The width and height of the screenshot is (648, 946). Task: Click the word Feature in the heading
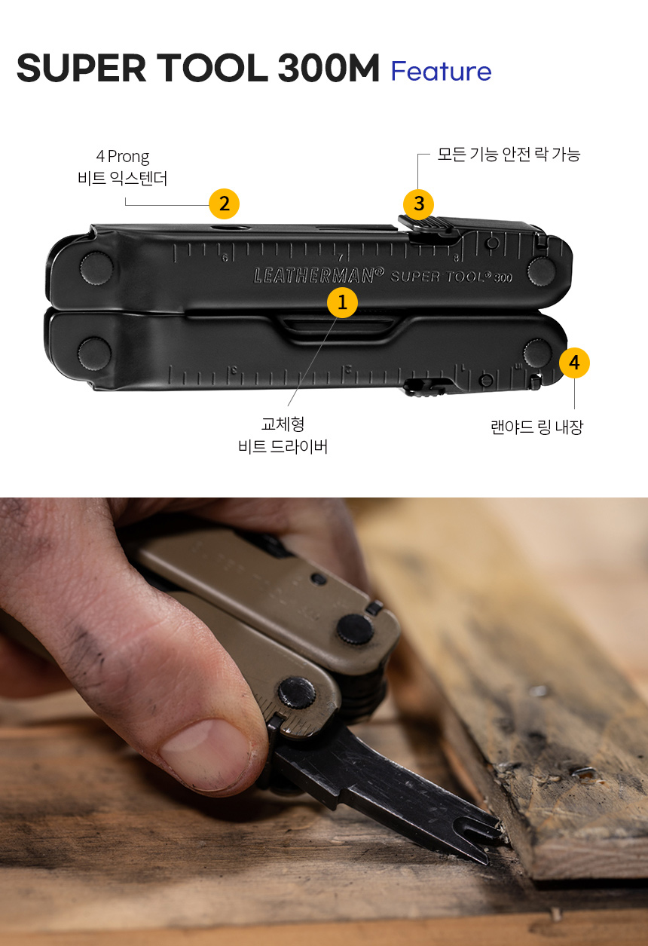coord(441,72)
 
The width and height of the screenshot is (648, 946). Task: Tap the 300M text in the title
coord(328,69)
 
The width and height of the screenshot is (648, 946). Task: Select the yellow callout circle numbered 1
coord(342,302)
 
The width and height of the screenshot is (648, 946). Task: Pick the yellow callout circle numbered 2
coord(224,204)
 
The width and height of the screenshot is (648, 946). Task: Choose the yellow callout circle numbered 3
coord(419,204)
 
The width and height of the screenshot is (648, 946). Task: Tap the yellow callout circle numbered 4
coord(574,363)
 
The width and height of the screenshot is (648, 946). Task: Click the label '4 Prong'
coord(123,157)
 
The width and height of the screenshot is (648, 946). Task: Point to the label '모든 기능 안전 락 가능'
coord(509,155)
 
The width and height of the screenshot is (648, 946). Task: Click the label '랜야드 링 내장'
coord(536,427)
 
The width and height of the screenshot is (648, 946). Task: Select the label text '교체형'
coord(283,425)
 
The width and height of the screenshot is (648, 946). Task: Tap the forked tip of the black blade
coord(488,837)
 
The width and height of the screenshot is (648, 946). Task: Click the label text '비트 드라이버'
coord(283,447)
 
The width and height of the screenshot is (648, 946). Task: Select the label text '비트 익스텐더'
coord(123,179)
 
